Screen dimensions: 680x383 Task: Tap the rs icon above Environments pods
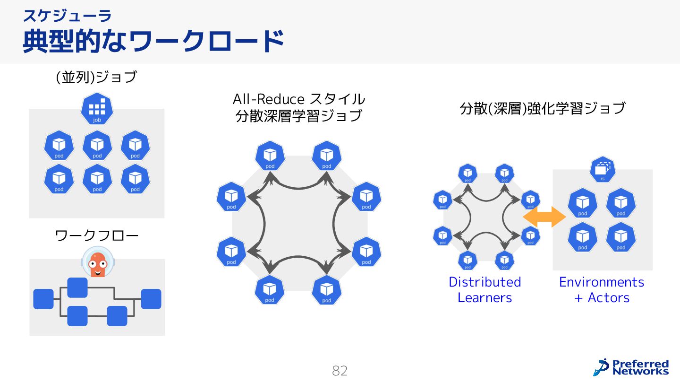point(603,170)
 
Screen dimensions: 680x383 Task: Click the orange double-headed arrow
point(544,217)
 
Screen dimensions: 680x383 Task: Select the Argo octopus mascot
point(98,261)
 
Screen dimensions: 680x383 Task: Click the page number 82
point(340,371)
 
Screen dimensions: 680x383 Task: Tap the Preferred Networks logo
point(631,367)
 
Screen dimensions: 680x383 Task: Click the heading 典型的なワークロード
point(153,42)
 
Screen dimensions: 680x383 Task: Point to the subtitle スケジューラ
point(67,16)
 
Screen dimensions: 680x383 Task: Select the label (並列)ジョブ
point(96,77)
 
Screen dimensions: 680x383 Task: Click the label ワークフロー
point(97,235)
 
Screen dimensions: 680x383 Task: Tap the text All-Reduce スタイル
point(299,99)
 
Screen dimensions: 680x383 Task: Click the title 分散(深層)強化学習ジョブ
point(543,108)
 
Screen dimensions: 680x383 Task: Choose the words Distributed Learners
point(484,289)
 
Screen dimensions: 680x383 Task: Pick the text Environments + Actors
point(602,289)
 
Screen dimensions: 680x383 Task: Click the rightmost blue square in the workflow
point(151,299)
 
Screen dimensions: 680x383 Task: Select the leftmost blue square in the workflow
point(43,299)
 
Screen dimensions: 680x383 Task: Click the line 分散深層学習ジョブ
point(299,115)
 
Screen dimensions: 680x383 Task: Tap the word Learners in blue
point(484,298)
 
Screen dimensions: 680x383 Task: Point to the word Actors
point(609,298)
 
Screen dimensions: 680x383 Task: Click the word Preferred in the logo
point(640,364)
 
